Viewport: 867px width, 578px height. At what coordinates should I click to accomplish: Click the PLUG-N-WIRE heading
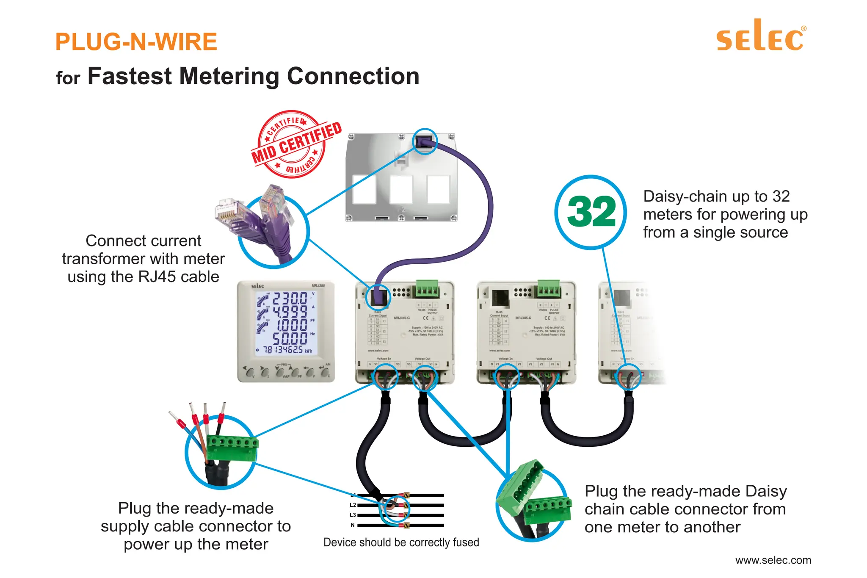point(136,42)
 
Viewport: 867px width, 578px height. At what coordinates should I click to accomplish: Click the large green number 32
point(591,212)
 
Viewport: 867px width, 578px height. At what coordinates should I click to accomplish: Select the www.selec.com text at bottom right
point(773,560)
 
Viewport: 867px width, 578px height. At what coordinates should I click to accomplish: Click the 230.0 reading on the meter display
point(290,299)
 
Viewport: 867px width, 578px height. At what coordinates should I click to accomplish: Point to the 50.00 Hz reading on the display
point(290,338)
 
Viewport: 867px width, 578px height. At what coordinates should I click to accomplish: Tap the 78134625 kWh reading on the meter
point(283,350)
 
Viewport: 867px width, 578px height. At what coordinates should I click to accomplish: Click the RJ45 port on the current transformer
point(424,141)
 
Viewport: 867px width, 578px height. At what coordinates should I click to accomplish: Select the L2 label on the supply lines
point(353,505)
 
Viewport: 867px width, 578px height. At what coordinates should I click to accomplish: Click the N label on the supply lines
point(353,525)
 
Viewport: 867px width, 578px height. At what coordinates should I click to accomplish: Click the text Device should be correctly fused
point(401,542)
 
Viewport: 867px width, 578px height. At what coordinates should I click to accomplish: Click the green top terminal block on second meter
point(549,289)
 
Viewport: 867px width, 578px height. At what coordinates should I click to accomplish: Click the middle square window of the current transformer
point(401,189)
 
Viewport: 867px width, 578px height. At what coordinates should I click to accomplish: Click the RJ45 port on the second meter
point(500,297)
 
